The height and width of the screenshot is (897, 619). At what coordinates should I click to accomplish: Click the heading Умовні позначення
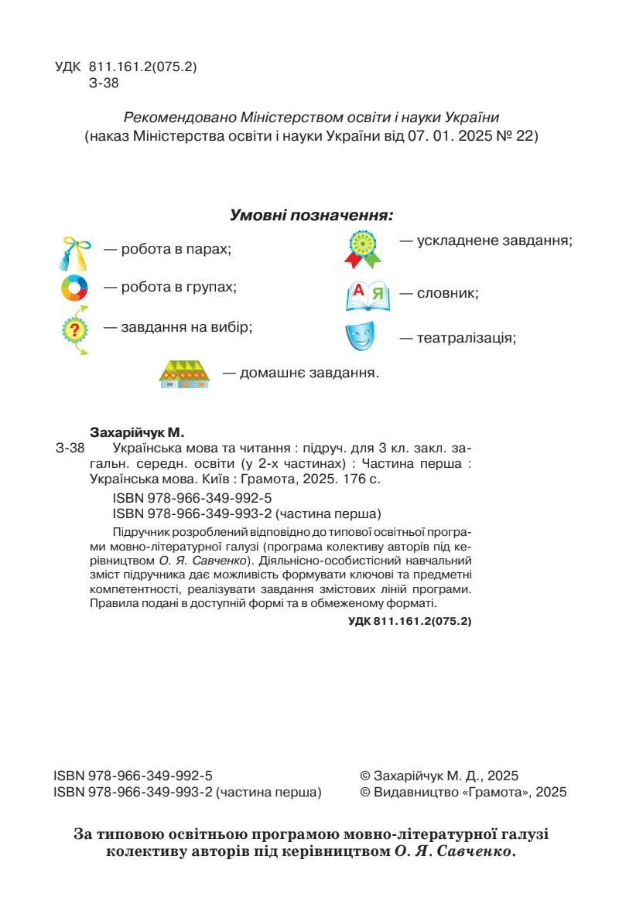(x=312, y=215)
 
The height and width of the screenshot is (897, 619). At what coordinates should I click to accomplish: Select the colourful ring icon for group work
(x=75, y=288)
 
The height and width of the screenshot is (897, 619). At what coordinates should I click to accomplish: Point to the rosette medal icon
(x=363, y=247)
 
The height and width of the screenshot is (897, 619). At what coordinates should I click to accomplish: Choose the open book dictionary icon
(x=368, y=295)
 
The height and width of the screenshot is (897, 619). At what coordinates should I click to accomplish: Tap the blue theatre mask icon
(x=360, y=336)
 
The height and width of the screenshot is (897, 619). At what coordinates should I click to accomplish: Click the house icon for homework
(x=184, y=373)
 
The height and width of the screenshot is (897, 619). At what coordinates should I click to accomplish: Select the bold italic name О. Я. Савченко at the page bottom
(x=449, y=853)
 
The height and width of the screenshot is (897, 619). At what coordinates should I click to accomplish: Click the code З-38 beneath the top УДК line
(x=104, y=84)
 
